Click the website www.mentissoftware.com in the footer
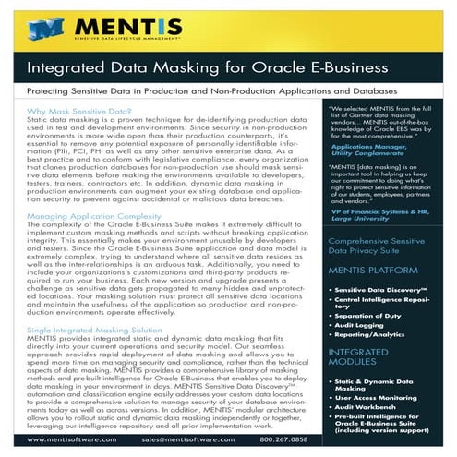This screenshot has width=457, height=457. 73,439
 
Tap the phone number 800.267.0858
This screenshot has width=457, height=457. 317,439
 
